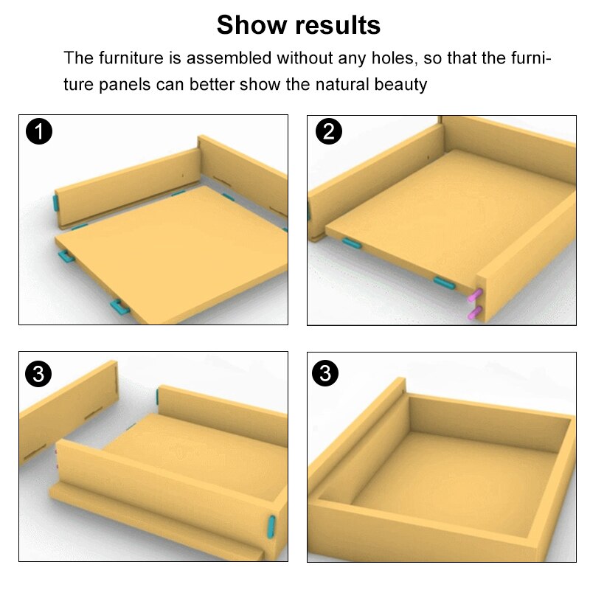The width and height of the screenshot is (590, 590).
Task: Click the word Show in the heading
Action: tap(251, 25)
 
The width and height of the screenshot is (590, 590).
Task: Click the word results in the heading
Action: tap(338, 26)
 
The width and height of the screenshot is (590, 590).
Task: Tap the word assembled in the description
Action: tap(229, 58)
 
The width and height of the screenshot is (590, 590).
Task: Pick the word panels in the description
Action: tap(125, 85)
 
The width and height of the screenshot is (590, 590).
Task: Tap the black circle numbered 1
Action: tap(39, 132)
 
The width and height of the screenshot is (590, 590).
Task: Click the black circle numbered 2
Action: tap(328, 132)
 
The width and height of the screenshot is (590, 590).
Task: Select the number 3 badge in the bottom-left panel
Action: tap(38, 374)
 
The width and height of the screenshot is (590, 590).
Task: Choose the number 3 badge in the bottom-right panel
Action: tap(325, 373)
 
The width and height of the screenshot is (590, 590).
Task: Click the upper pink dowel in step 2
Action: tap(475, 295)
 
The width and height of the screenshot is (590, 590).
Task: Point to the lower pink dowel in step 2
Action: tap(474, 313)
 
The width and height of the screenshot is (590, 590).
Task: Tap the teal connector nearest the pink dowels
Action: tap(445, 282)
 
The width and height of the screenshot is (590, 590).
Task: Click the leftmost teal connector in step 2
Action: tap(352, 243)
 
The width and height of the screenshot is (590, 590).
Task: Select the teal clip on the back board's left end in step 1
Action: tap(55, 204)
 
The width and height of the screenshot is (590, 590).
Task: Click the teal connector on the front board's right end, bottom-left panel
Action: tap(271, 527)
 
